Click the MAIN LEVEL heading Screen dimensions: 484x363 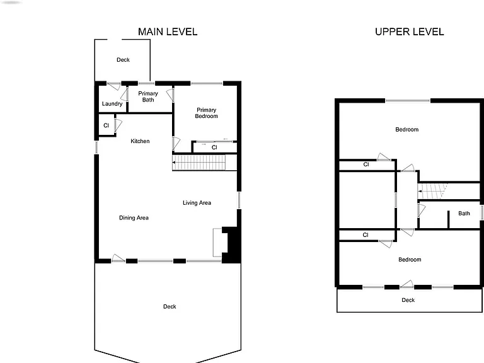(x=168, y=32)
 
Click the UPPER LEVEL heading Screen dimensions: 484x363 (x=409, y=32)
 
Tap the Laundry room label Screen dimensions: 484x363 (x=112, y=104)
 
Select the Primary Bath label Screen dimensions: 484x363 (x=148, y=96)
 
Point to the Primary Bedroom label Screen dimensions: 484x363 (x=207, y=113)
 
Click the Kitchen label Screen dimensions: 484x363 (x=140, y=141)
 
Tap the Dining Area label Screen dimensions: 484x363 (x=134, y=218)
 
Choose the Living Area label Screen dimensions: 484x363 (x=197, y=203)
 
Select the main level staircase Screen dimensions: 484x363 (x=199, y=163)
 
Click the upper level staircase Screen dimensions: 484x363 (x=432, y=192)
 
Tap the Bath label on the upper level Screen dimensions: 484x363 (x=464, y=213)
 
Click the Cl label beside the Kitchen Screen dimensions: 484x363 (x=106, y=125)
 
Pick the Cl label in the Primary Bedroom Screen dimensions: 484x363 (x=214, y=147)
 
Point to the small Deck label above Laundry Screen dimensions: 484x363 (x=123, y=60)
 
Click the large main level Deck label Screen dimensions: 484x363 (x=170, y=306)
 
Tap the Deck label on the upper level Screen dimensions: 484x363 (x=408, y=300)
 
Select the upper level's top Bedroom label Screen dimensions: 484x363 (x=407, y=130)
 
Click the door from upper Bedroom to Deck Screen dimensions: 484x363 (x=407, y=284)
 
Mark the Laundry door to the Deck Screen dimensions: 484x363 (x=113, y=86)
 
